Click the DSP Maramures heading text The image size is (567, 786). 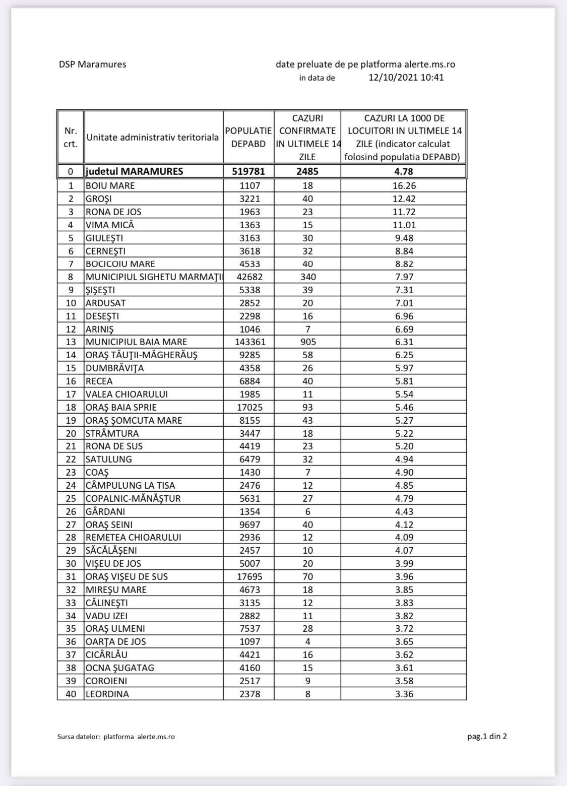(x=92, y=64)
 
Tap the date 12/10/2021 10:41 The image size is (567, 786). (x=406, y=78)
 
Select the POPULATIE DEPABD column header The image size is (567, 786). (x=248, y=137)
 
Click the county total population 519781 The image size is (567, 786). (x=248, y=171)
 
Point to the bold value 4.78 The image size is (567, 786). (x=404, y=171)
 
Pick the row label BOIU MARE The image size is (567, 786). (x=110, y=185)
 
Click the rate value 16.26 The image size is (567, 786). (x=404, y=185)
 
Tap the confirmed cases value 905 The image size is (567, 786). (x=307, y=342)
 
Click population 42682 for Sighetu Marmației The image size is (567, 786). (x=249, y=277)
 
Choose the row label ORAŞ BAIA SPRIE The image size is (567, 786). (x=121, y=407)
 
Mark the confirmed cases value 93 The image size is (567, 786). (x=307, y=407)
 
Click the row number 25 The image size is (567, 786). (x=71, y=498)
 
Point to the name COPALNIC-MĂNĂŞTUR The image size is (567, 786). (x=133, y=498)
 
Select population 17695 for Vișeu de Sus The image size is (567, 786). (x=249, y=576)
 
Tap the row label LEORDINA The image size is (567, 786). (x=107, y=694)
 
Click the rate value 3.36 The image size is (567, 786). (x=404, y=694)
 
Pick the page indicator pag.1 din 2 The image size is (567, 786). (x=487, y=736)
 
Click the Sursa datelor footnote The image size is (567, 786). (x=116, y=737)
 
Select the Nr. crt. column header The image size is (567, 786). (x=71, y=137)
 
